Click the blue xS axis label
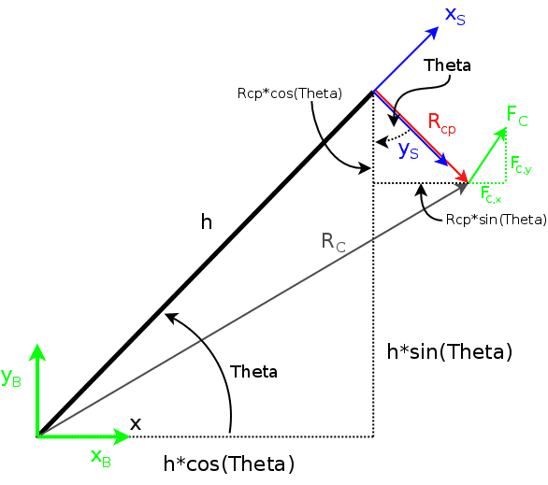455,16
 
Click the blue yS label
409,150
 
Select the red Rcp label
441,124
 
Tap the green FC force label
517,116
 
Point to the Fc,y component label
521,164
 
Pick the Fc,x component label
491,194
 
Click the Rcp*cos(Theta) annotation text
289,93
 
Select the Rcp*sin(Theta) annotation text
497,220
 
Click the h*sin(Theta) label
450,351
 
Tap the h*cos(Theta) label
229,464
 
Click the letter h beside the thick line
207,221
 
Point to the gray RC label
334,242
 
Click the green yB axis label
11,378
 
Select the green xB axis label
101,457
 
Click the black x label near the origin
136,424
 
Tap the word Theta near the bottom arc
253,372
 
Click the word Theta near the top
447,65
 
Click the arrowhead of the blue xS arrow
433,32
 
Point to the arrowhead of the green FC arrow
501,134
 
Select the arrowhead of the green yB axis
37,351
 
